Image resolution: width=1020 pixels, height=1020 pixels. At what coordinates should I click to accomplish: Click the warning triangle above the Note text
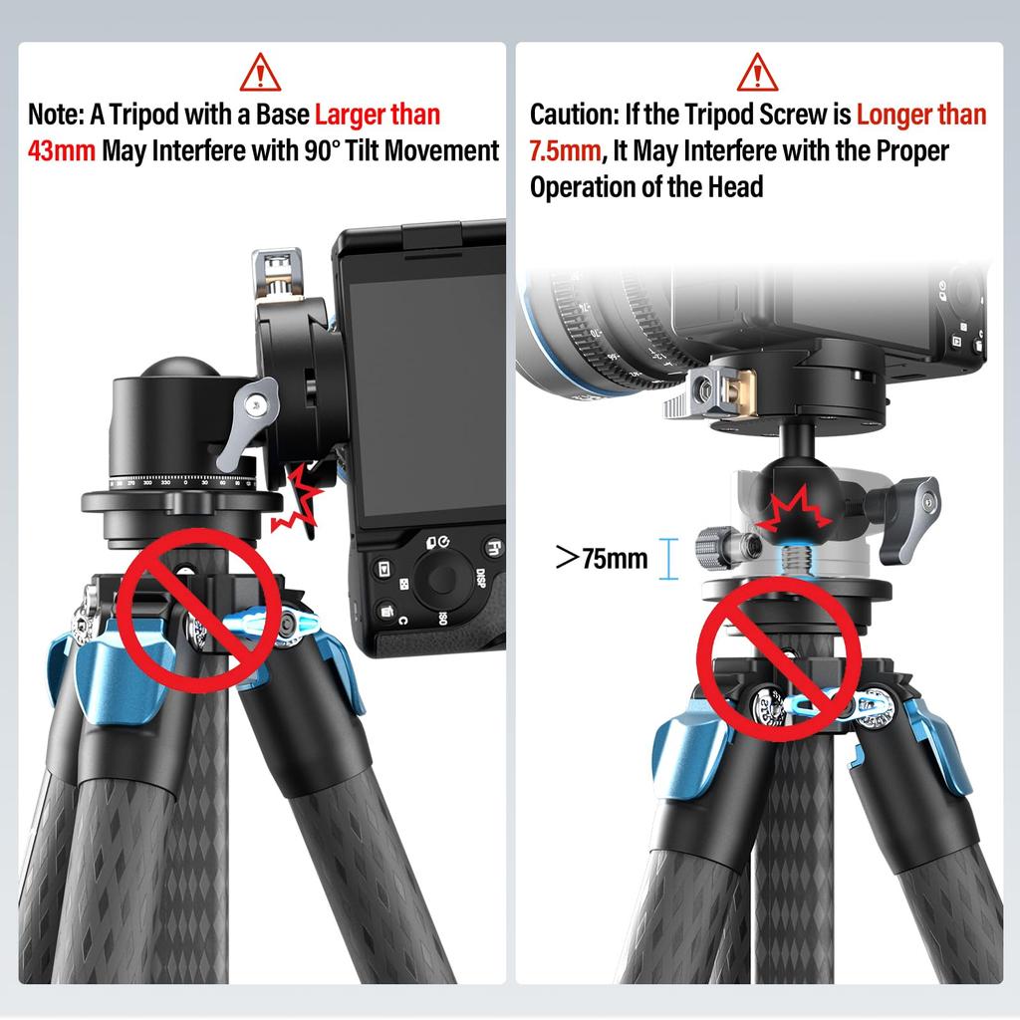click(x=261, y=73)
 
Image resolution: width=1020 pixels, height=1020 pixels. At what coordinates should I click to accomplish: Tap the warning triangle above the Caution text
click(x=757, y=73)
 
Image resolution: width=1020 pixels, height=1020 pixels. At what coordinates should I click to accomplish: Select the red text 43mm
click(x=62, y=151)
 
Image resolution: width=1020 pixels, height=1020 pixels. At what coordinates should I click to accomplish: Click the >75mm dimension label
click(x=602, y=558)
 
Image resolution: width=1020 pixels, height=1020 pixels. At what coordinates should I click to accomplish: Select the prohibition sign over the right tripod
click(x=779, y=656)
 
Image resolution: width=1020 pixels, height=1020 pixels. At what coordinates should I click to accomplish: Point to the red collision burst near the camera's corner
click(x=300, y=495)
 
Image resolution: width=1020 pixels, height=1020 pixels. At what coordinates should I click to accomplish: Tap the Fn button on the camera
click(x=493, y=547)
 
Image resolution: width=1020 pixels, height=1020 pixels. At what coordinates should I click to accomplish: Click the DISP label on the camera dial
click(x=479, y=578)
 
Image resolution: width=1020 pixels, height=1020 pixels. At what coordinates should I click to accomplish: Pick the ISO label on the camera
click(x=441, y=619)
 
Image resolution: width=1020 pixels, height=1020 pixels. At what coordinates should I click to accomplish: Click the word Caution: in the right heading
click(x=574, y=115)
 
